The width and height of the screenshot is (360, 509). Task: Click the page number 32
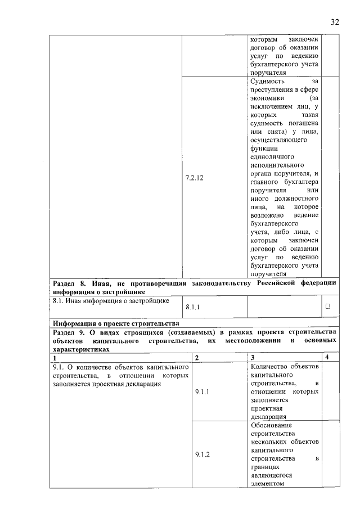tap(335, 22)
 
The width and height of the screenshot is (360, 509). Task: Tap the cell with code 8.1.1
tap(192, 307)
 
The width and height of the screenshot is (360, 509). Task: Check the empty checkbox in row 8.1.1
tap(327, 307)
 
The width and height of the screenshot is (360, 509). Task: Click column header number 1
tap(55, 358)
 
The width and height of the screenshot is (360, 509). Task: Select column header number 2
tap(197, 358)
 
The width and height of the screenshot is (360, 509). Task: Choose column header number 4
tap(328, 358)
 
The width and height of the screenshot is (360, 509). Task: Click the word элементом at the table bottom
tap(268, 483)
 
